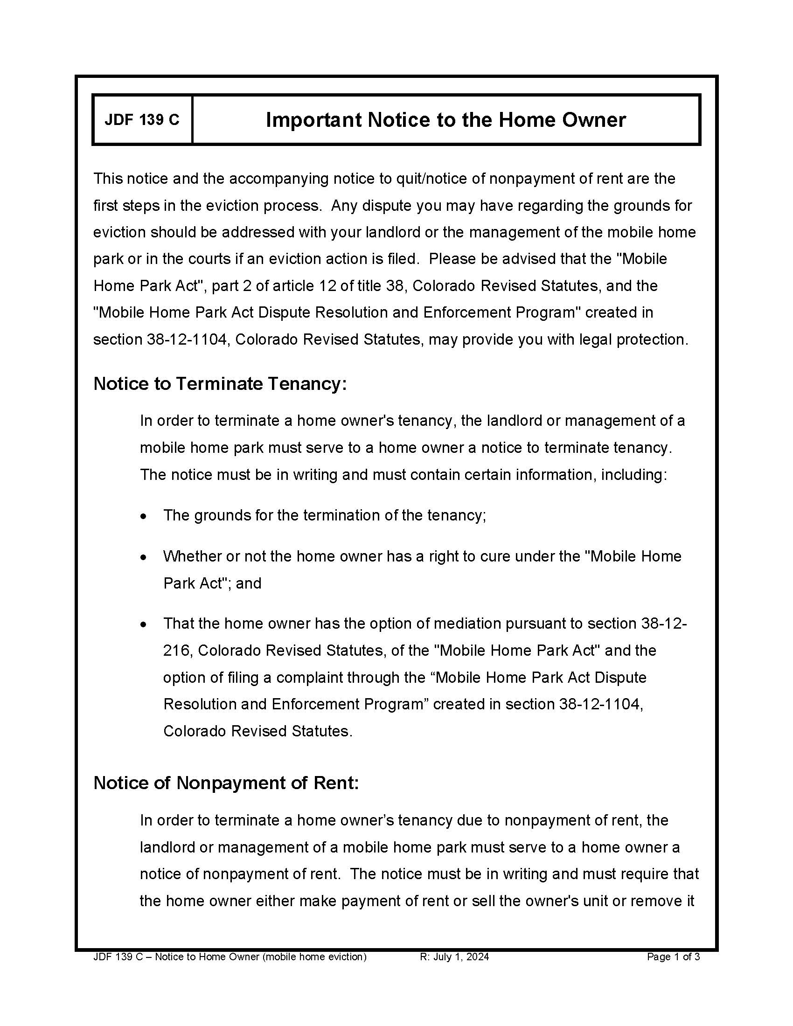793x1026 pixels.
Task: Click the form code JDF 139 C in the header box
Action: pos(142,120)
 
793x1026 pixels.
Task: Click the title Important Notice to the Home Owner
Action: pos(445,120)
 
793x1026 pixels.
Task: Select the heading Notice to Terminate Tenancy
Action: pos(219,384)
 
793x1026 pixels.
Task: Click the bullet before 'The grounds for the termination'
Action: pos(144,517)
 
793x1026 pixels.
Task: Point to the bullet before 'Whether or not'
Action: pos(144,558)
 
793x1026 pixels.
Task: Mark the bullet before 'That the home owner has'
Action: pos(144,625)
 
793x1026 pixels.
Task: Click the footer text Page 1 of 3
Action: pos(673,957)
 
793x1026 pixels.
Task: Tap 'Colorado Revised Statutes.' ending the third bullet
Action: pos(257,731)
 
